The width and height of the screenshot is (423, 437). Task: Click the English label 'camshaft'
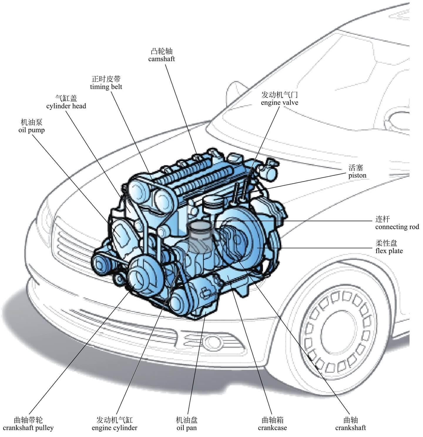[x=161, y=59]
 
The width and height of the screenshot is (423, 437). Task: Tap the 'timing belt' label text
[x=106, y=87]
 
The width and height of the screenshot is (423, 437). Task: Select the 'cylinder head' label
[x=66, y=106]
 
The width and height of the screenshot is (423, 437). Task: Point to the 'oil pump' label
[x=31, y=130]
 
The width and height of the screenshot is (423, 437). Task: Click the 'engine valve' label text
[x=279, y=102]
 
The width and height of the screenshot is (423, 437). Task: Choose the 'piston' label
[x=357, y=176]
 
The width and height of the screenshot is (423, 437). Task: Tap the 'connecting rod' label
[x=397, y=227]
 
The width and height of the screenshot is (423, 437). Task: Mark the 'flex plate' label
[x=389, y=251]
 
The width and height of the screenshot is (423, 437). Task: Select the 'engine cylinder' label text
[x=114, y=428]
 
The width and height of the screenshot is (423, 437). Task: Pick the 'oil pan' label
[x=187, y=428]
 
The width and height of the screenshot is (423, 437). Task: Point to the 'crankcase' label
[x=272, y=428]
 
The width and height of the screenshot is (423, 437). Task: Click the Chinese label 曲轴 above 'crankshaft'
[x=350, y=420]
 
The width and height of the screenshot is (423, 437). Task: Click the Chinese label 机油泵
[x=31, y=122]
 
